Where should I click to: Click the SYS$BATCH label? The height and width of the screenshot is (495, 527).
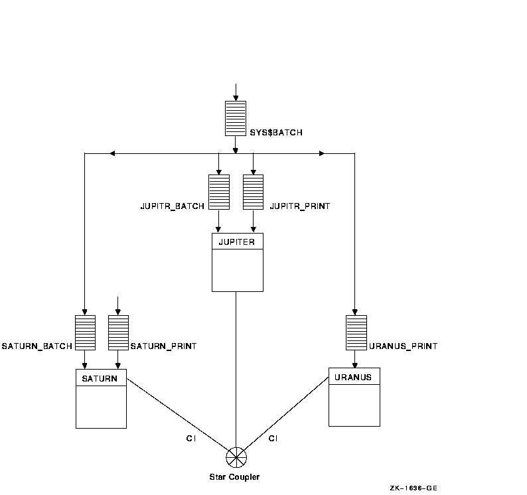coord(277,133)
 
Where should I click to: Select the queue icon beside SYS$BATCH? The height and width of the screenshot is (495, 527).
coord(236,118)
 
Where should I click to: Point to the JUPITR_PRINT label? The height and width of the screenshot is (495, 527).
coord(299,206)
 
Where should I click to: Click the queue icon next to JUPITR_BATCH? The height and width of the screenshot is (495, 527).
coord(219,192)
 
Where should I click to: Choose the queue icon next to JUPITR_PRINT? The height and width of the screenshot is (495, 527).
coord(253,192)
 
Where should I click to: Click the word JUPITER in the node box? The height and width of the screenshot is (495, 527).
coord(237,242)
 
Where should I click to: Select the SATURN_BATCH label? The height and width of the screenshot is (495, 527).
coord(37,346)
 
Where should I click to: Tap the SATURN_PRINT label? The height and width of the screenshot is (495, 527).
coord(163,346)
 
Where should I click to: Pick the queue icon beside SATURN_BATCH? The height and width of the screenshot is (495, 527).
coord(85,332)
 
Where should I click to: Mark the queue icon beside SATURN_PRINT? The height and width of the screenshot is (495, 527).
coord(118,332)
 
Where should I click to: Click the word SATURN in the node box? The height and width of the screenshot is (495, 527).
coord(100,379)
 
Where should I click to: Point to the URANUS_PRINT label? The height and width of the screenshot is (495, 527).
coord(403,346)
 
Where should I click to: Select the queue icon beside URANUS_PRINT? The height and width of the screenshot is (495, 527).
coord(356,332)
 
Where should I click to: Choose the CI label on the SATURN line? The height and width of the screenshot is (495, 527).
coord(190,438)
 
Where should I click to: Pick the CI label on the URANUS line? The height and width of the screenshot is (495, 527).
coord(273,438)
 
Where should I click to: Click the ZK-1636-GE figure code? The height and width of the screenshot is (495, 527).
coord(414,488)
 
